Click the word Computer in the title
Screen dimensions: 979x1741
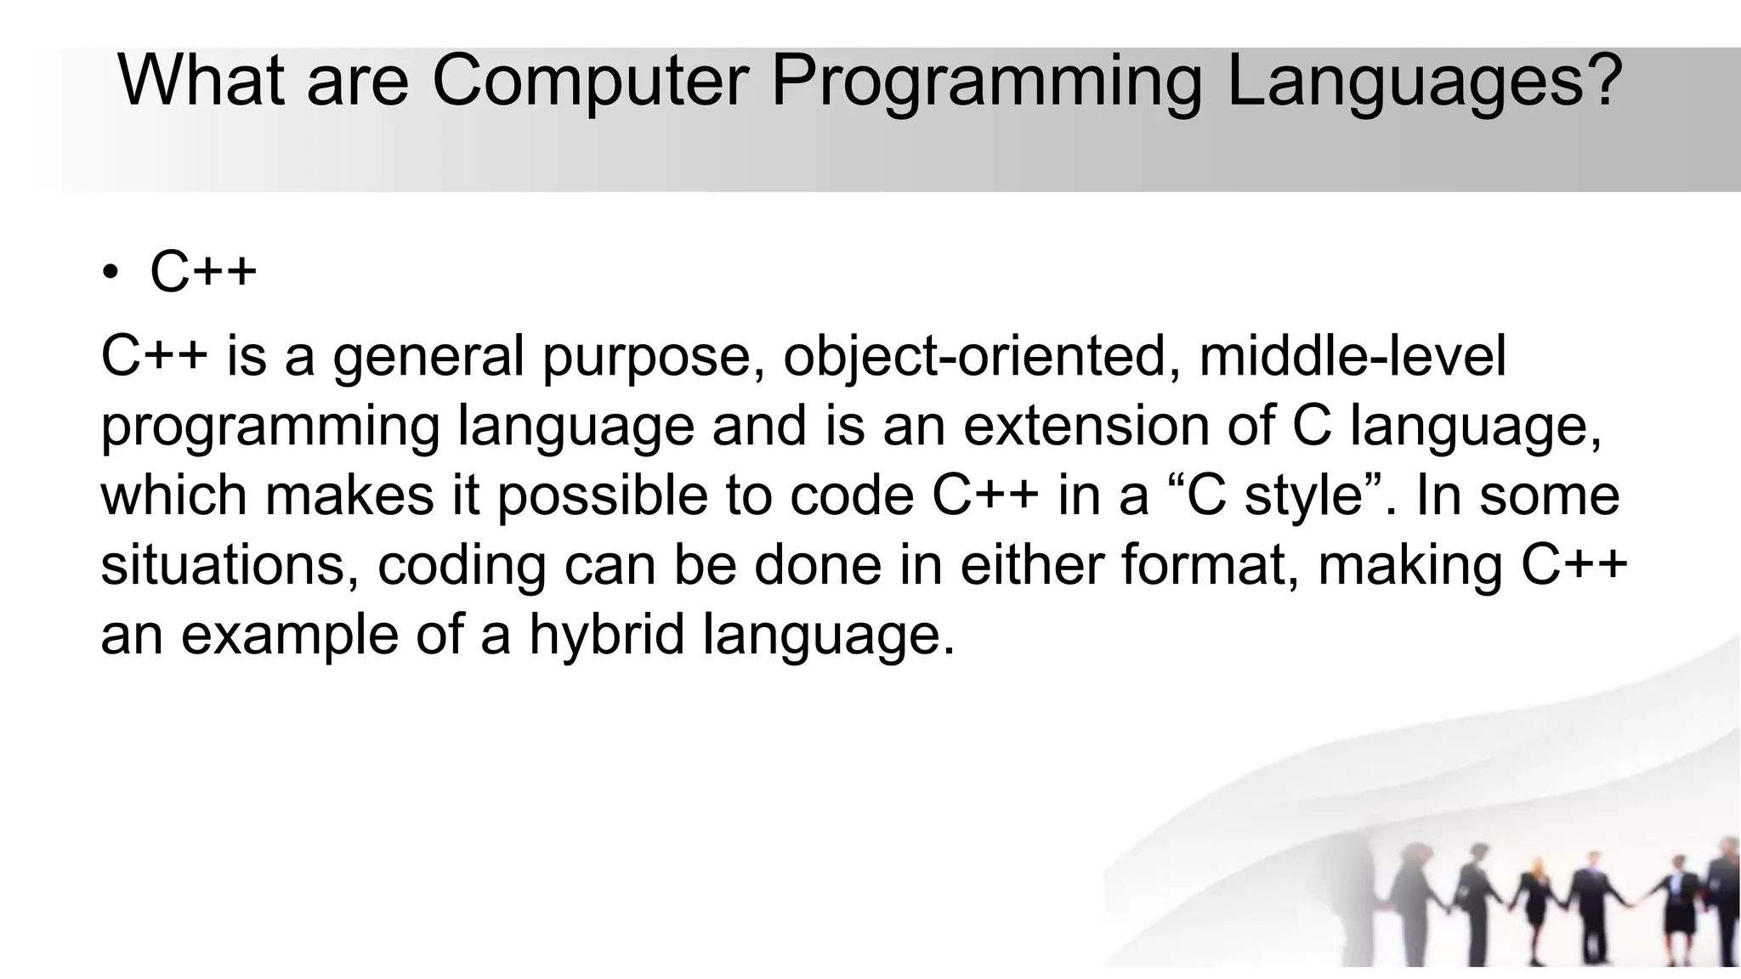[590, 81]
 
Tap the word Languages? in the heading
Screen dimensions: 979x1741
[1424, 81]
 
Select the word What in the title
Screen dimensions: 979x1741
[201, 81]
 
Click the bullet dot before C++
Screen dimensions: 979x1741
[110, 273]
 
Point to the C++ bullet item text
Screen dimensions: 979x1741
[203, 273]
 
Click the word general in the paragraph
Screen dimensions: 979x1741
[428, 356]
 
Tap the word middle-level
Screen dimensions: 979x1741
[1352, 356]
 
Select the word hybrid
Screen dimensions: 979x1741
[606, 635]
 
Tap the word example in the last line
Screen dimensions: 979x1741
[289, 635]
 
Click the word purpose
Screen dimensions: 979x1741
[655, 356]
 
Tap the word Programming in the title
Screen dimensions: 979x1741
[986, 81]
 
